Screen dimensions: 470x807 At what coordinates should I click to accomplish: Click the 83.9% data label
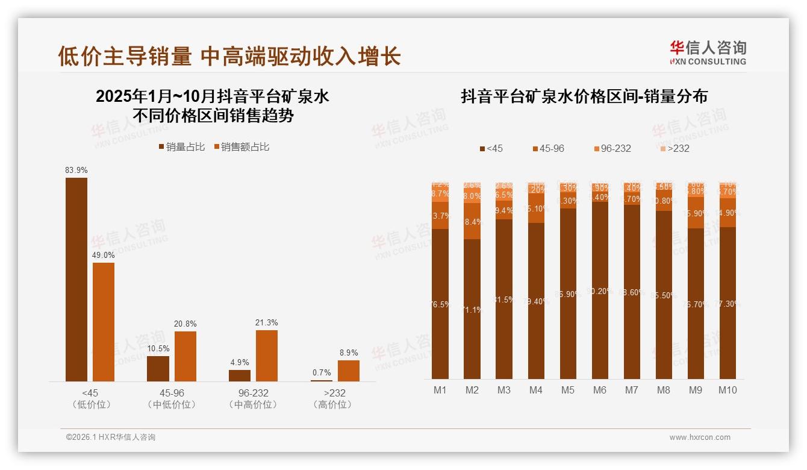[x=76, y=171]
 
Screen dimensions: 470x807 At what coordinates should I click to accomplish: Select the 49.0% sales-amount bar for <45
[x=104, y=322]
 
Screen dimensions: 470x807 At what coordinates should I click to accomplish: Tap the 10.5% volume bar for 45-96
[x=158, y=369]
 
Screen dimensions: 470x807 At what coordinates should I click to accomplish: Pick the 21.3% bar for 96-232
[x=267, y=356]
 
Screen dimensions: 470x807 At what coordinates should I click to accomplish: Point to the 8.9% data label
[x=348, y=353]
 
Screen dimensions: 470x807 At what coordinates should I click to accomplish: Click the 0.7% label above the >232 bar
[x=322, y=373]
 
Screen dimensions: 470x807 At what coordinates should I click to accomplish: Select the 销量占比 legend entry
[x=182, y=147]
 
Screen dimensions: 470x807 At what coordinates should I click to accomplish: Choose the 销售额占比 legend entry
[x=241, y=147]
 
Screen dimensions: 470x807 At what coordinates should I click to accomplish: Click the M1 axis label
[x=440, y=390]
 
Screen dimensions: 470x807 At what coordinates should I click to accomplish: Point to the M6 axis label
[x=599, y=390]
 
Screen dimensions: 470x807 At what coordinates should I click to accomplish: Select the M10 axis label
[x=728, y=390]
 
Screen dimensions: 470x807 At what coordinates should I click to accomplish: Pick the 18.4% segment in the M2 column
[x=472, y=221]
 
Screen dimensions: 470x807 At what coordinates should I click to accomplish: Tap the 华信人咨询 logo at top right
[x=708, y=53]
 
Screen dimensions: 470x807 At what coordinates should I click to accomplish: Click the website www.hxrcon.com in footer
[x=700, y=437]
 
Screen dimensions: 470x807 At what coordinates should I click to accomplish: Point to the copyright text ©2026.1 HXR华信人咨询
[x=110, y=437]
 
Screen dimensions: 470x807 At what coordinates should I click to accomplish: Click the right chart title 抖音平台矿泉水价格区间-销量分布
[x=584, y=96]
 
